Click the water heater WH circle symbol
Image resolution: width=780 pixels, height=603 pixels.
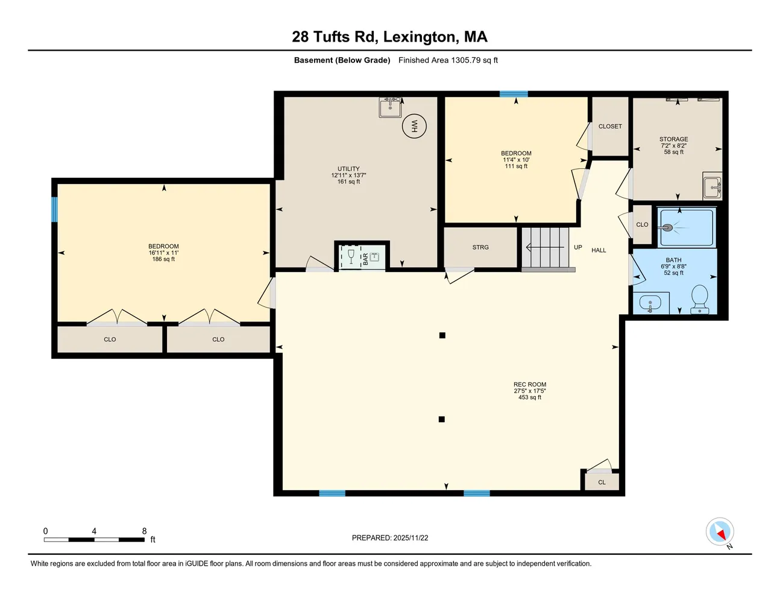pos(414,126)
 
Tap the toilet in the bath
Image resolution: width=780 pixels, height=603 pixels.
pos(699,298)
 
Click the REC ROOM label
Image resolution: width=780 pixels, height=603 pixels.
pos(530,384)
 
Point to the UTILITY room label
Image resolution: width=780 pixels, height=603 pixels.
pos(348,169)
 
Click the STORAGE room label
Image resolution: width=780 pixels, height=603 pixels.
pos(673,139)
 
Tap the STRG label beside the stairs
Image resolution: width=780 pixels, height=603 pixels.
pos(480,247)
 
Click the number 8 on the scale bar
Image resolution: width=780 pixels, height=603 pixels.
pos(144,531)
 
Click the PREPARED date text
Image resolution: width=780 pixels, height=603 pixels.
pos(390,538)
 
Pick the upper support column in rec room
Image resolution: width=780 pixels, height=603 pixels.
pos(442,335)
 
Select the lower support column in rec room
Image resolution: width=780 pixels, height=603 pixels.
pos(442,419)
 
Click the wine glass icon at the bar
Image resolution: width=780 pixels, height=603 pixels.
pos(351,256)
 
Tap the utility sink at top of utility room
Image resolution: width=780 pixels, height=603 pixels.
pos(390,107)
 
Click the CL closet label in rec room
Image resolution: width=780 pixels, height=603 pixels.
pos(602,482)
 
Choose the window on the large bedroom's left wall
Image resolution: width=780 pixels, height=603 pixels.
pos(54,209)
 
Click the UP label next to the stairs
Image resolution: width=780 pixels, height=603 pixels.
pos(577,247)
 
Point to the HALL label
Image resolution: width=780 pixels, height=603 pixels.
pos(599,250)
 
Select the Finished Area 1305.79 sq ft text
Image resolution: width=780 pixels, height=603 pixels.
pos(448,60)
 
